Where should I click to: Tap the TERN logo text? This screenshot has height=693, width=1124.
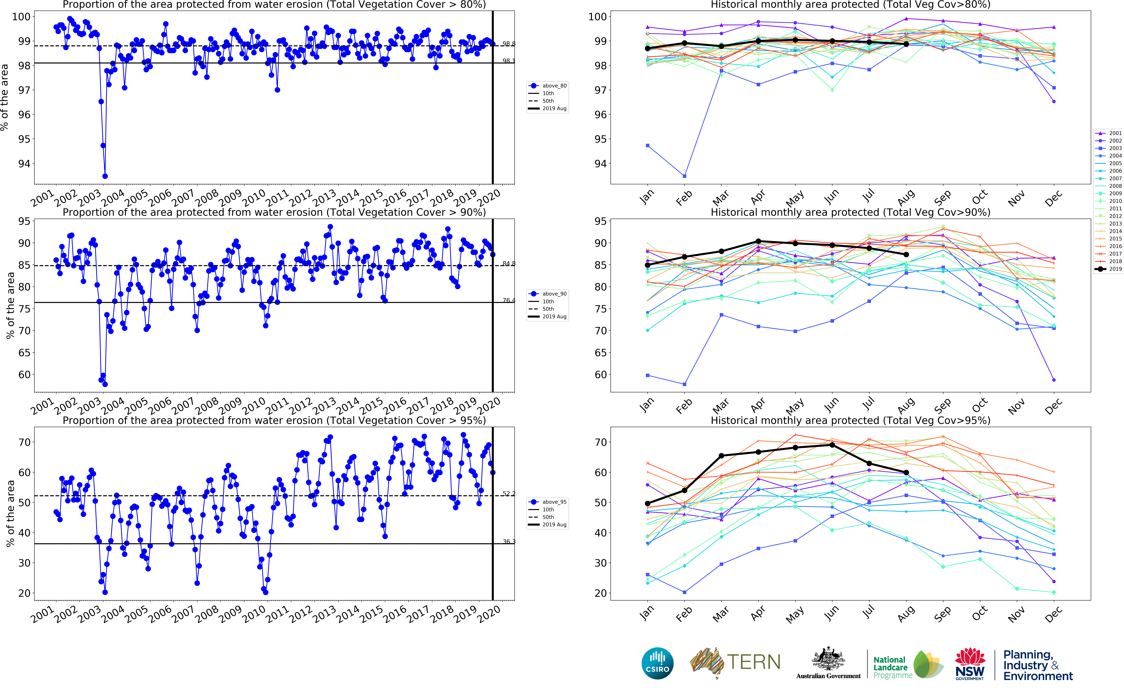click(753, 662)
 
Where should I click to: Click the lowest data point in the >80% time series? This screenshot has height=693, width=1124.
click(105, 176)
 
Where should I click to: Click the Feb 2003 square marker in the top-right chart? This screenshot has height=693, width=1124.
click(684, 176)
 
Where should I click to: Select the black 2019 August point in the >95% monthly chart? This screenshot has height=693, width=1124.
click(906, 473)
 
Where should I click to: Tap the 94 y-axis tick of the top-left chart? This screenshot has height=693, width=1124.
click(24, 164)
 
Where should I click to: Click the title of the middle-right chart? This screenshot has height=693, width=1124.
click(850, 212)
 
